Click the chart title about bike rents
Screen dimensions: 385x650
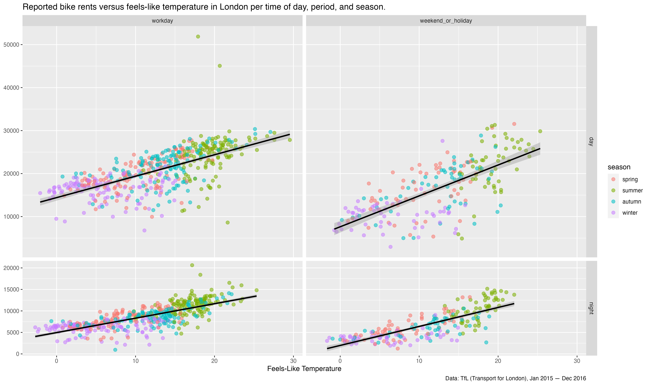[204, 7]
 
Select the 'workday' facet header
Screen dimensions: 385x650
[162, 21]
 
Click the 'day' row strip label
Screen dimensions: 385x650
[591, 142]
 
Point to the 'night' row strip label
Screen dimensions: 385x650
[591, 308]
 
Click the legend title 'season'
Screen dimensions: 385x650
[619, 167]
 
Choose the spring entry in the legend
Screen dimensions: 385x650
[630, 179]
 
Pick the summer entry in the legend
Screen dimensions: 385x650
[632, 190]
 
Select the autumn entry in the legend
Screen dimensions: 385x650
[632, 202]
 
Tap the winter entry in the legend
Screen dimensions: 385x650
[630, 213]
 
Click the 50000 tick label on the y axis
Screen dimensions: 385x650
[11, 45]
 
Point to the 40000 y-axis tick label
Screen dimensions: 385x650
[11, 88]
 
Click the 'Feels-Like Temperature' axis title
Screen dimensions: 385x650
[304, 369]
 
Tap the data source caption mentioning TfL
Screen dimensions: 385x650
[515, 378]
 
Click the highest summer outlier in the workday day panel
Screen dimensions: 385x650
[198, 37]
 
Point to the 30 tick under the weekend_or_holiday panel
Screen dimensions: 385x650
[577, 361]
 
